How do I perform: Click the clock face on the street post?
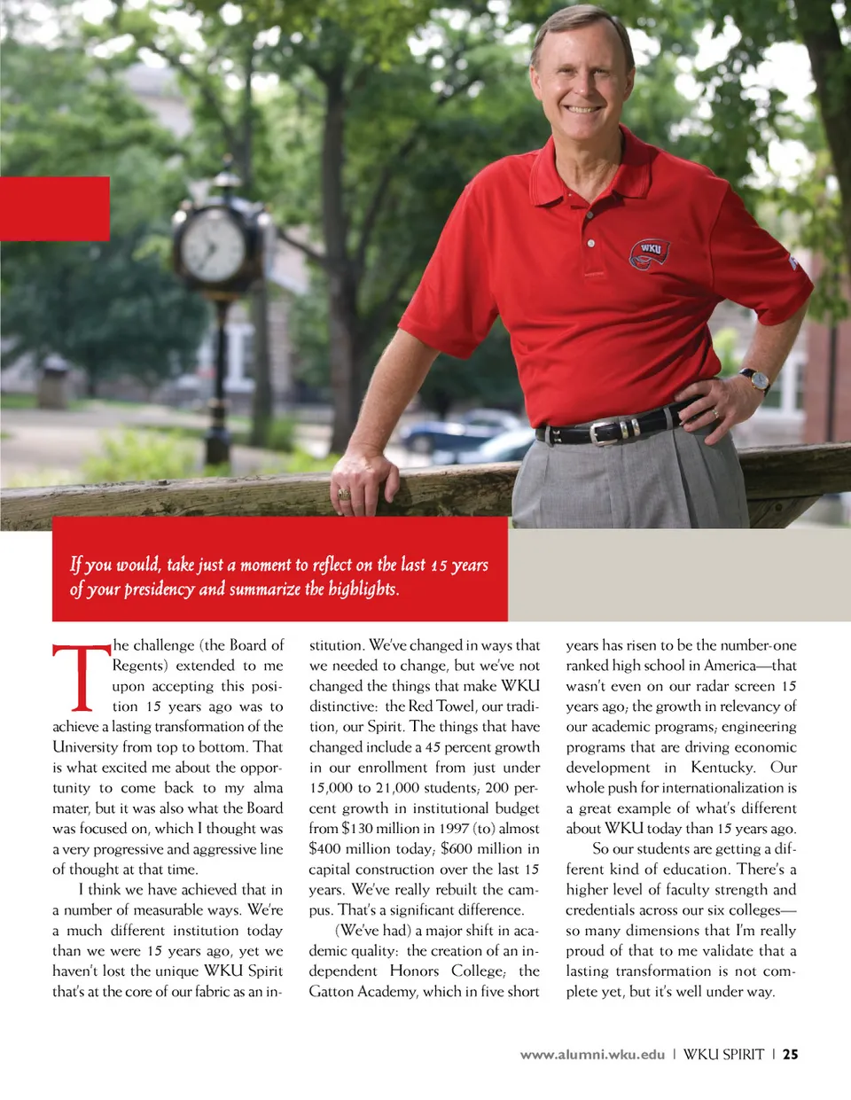tap(214, 245)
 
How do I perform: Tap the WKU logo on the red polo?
tap(650, 254)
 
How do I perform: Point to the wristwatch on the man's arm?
tap(756, 378)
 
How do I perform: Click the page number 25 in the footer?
tap(790, 1055)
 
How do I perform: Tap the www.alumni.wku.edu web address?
tap(592, 1055)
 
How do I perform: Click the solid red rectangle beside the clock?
tap(54, 208)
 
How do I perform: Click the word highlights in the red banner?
tap(363, 589)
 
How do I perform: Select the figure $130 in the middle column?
tap(358, 829)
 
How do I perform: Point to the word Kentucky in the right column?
tap(722, 768)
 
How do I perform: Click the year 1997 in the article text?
tap(450, 829)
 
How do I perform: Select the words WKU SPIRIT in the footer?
tap(723, 1055)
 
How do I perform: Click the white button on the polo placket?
tap(591, 243)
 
